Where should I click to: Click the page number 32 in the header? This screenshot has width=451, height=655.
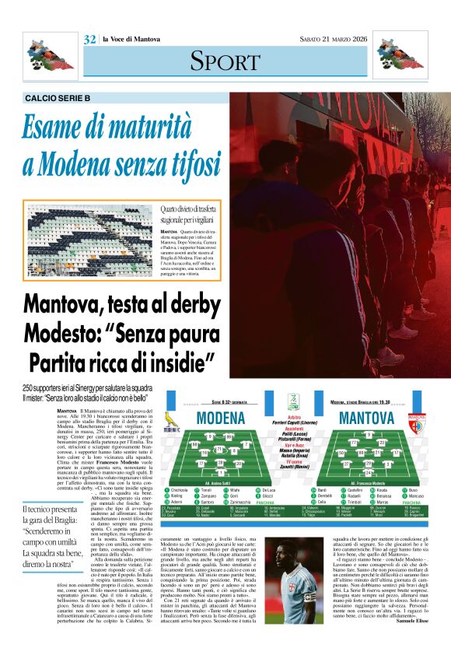point(89,39)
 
